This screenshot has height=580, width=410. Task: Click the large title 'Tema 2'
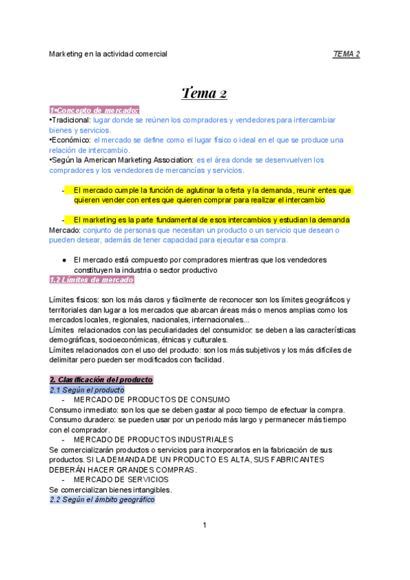205,93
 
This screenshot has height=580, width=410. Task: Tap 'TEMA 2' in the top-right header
346,53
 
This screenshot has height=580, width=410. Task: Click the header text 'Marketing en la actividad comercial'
108,53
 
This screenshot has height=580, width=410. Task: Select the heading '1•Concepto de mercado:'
94,110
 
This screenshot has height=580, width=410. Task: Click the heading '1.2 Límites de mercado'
92,280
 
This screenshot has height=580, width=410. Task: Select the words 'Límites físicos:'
75,300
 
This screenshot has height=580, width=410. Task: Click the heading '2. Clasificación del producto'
101,380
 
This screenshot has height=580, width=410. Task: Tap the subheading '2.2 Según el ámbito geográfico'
102,499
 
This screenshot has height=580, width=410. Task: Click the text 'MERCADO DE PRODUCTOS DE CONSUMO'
151,399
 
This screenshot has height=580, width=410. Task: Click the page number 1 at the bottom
204,525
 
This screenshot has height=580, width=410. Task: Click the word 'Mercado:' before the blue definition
65,230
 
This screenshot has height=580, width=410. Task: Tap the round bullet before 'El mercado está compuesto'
63,260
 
